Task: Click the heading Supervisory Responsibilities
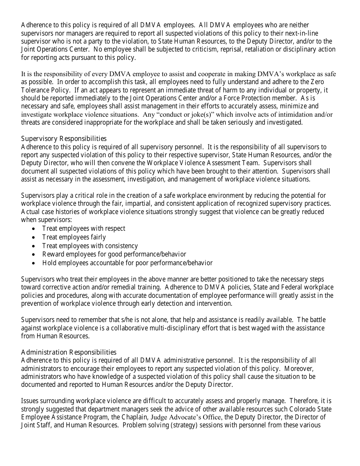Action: pyautogui.click(x=64, y=139)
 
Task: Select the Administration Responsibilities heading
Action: pyautogui.click(x=69, y=352)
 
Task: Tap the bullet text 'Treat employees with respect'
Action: pyautogui.click(x=83, y=228)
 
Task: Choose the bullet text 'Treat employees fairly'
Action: pyautogui.click(x=74, y=237)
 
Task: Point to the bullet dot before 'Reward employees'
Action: pyautogui.click(x=34, y=255)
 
